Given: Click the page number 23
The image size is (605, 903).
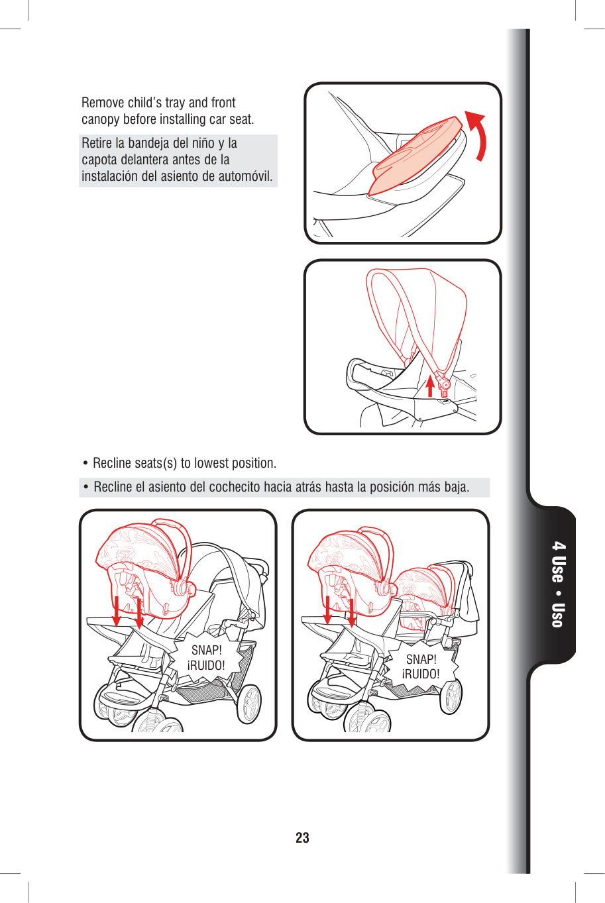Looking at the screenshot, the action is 302,837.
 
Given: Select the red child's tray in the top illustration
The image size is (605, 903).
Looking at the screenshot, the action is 415,155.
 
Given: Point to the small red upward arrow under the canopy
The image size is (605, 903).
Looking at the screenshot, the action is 430,386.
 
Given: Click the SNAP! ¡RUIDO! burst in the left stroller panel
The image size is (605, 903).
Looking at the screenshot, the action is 207,658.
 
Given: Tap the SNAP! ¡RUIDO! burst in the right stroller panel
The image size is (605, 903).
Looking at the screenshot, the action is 421,666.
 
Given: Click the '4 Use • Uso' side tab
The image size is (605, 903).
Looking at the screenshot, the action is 558,585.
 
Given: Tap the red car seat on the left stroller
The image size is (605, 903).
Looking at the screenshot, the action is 145,568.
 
